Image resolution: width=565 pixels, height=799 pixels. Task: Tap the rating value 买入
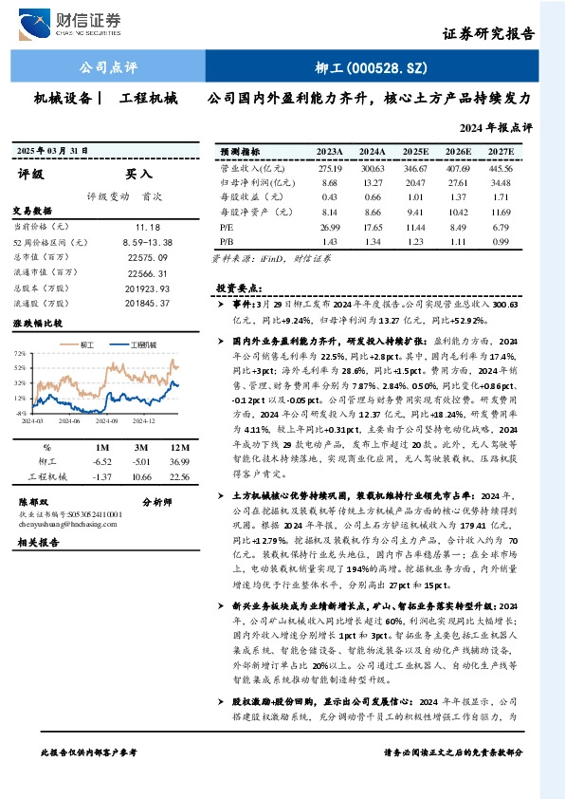click(x=138, y=175)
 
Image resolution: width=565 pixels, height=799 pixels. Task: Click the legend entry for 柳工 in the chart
click(x=89, y=344)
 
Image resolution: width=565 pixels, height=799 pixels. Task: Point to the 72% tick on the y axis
click(x=21, y=353)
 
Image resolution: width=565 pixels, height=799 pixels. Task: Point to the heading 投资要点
click(x=239, y=287)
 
